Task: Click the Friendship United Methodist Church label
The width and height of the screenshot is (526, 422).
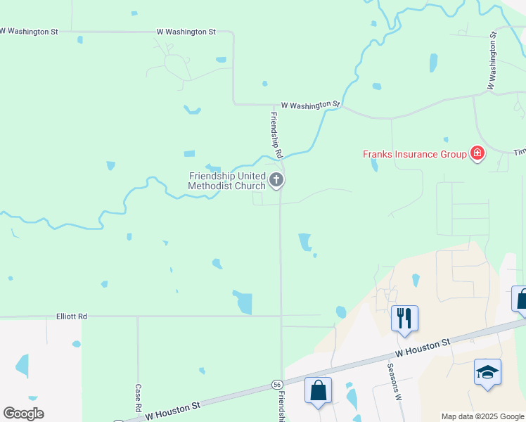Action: coord(226,181)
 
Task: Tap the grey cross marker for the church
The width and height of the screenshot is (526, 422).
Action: coord(276,180)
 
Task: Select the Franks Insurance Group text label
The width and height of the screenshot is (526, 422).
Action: coord(414,154)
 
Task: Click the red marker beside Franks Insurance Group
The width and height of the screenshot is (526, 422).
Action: coord(477,153)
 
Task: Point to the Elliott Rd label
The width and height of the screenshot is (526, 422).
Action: coord(72,316)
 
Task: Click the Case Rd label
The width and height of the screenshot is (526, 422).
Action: coord(138,398)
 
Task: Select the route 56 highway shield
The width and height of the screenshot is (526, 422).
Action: coord(278,384)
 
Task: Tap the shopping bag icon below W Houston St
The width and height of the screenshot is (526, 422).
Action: coord(318,390)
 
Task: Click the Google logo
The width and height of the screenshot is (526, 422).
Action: coord(23,414)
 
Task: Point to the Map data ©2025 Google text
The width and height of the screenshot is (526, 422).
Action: coord(482,416)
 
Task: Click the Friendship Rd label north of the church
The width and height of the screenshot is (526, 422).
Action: coord(276,134)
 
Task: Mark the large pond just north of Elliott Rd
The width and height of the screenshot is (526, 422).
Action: coord(243,302)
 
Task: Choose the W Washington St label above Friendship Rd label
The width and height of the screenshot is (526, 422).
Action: coord(310,105)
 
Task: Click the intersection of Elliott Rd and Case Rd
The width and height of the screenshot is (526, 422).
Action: coord(138,316)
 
